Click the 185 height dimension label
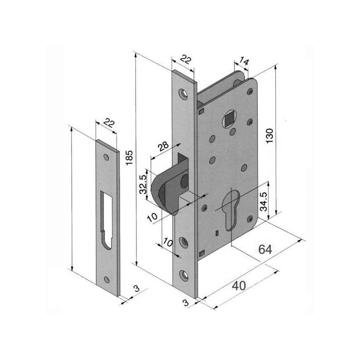[x=129, y=157]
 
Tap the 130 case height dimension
[x=270, y=136]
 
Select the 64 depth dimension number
[x=265, y=249]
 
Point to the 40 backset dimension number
[x=239, y=286]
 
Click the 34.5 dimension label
[x=264, y=202]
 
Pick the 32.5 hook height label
[x=143, y=184]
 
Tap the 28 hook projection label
[x=163, y=147]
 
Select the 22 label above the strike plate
[x=108, y=123]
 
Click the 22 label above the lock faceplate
[x=185, y=59]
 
